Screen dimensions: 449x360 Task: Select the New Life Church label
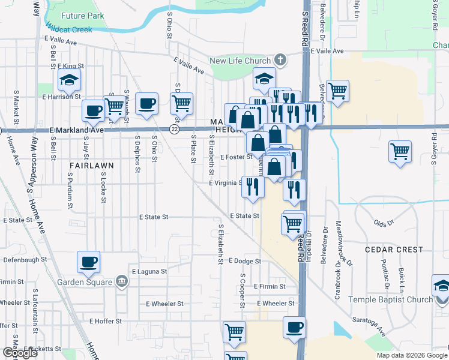coord(240,59)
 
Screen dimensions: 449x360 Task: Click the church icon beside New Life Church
coord(279,59)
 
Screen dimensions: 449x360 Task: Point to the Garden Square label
coord(85,282)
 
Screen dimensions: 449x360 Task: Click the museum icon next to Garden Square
coord(122,282)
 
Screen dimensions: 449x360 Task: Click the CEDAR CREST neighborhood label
coord(394,249)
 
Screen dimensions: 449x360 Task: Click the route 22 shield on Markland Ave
coord(174,129)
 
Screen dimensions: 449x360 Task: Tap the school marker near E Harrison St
coord(70,80)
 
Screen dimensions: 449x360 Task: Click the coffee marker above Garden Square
coord(89,262)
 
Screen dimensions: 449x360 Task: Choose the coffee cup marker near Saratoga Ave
coord(294,328)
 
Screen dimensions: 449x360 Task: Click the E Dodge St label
coord(244,261)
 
